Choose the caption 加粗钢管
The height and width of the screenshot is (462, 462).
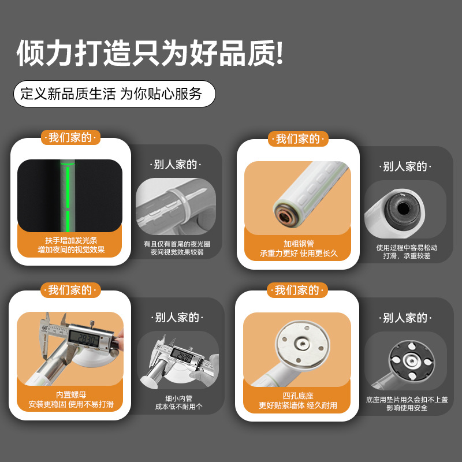tap(298, 243)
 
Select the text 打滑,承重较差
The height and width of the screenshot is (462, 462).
tap(407, 256)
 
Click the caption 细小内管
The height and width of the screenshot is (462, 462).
tap(177, 398)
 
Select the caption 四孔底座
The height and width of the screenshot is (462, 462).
tap(298, 395)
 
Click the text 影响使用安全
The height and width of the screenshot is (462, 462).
tap(406, 408)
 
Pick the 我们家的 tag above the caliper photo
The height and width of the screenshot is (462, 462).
tap(70, 290)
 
